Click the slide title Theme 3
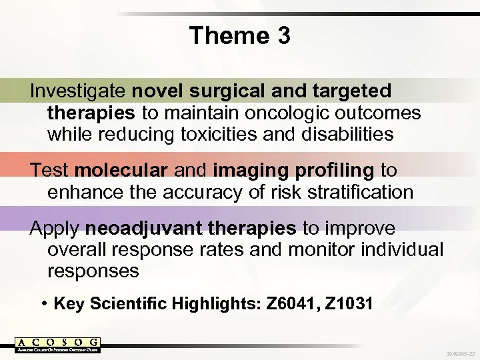(x=239, y=35)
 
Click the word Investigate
(x=79, y=90)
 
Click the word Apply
(x=55, y=229)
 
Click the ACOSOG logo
(x=58, y=345)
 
